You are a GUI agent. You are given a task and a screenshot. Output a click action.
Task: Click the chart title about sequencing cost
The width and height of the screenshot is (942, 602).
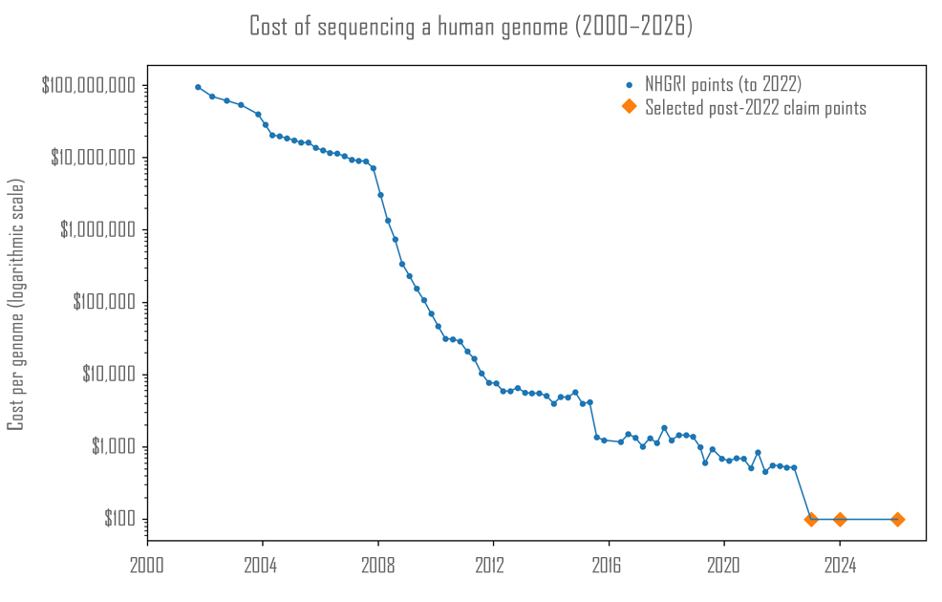tap(471, 27)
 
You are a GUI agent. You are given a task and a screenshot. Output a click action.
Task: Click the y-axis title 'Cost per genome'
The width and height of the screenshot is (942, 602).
tap(16, 304)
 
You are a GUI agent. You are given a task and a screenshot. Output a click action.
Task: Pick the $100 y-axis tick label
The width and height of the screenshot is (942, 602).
tap(122, 520)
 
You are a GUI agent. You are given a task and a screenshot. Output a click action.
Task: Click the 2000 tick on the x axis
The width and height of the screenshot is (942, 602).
tap(146, 564)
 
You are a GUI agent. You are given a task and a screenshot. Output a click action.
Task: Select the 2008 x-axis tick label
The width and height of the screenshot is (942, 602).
tap(377, 564)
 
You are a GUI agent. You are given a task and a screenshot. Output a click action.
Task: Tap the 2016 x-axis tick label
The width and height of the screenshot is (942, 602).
tap(609, 564)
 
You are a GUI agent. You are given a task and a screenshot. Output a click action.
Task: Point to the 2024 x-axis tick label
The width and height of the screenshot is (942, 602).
tap(840, 564)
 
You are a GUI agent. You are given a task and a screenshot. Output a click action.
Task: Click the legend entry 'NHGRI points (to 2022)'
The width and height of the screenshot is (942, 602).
tap(722, 85)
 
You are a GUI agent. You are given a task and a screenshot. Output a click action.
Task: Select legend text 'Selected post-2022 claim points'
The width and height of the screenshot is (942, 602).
tap(755, 108)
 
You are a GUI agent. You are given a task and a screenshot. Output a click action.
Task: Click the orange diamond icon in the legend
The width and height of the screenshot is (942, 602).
tap(629, 107)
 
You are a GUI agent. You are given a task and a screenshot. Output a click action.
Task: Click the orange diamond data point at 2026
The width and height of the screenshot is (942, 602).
tap(897, 520)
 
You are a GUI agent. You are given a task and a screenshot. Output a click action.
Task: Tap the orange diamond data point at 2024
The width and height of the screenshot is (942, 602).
tap(840, 520)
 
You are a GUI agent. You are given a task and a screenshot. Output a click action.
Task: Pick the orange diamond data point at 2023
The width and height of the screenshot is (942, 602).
tap(811, 520)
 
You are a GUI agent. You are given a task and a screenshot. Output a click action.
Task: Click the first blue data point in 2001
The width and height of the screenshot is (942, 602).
tap(198, 87)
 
